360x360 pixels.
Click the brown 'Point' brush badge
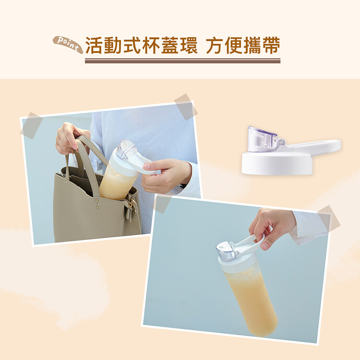pyautogui.click(x=68, y=44)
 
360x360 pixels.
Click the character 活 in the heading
pyautogui.click(x=94, y=45)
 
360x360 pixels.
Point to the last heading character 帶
pyautogui.click(x=272, y=45)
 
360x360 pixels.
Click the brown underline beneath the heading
pyautogui.click(x=182, y=61)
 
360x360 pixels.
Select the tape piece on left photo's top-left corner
pyautogui.click(x=32, y=126)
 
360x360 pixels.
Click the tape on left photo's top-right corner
pyautogui.click(x=186, y=107)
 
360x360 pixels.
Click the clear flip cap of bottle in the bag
pyautogui.click(x=125, y=150)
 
